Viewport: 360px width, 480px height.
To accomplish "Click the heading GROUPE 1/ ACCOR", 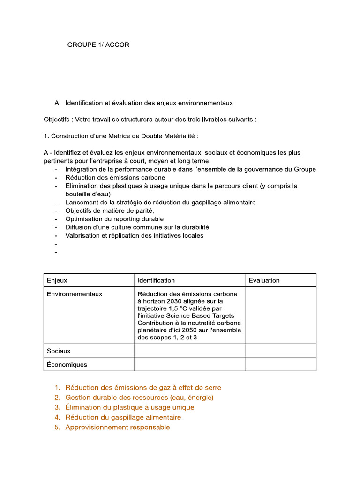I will tap(98, 45).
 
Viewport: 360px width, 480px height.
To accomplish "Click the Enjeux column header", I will tap(57, 280).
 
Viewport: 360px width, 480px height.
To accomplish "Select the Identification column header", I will tap(156, 280).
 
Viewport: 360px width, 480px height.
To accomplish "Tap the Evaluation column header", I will tap(264, 280).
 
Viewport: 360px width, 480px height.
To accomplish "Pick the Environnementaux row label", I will tap(75, 294).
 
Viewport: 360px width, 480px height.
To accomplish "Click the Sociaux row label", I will tap(59, 351).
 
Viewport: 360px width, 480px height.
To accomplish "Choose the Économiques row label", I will tap(67, 364).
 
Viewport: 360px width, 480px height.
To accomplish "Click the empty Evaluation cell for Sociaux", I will tap(280, 351).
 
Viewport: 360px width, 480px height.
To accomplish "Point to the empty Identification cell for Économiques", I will tap(190, 364).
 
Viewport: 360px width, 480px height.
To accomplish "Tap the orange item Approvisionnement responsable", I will tap(117, 427).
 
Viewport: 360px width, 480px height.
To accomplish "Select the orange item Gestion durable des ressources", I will tap(139, 397).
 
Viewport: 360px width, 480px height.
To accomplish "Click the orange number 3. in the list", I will tap(57, 407).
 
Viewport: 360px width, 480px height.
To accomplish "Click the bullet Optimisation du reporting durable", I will tap(114, 219).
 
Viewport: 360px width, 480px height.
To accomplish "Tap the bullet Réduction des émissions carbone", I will tap(115, 178).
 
